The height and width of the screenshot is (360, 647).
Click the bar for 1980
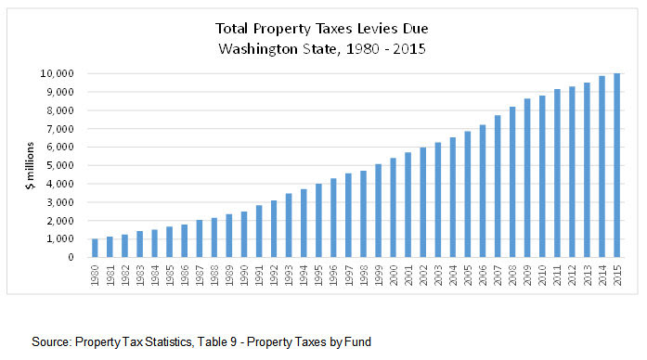(x=94, y=248)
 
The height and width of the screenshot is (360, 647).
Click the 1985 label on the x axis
(x=169, y=276)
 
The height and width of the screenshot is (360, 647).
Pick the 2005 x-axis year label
(x=468, y=276)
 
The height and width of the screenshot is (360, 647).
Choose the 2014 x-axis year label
(x=602, y=276)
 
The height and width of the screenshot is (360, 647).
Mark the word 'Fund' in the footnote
(x=356, y=341)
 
